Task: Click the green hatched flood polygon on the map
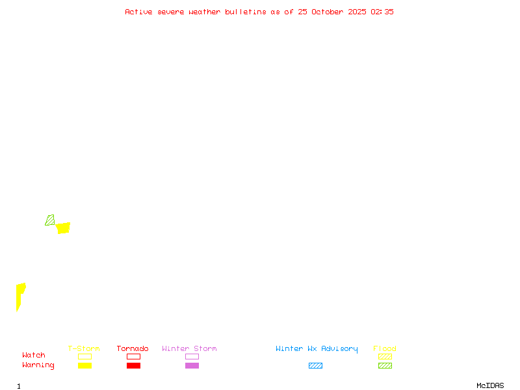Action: click(x=50, y=220)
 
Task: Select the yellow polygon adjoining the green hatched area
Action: click(x=63, y=227)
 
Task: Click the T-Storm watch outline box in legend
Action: click(x=84, y=356)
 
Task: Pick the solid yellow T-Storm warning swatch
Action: click(x=84, y=365)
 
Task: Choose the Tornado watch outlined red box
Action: click(x=133, y=356)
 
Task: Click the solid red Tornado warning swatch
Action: click(x=133, y=365)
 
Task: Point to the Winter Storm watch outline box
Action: click(x=192, y=356)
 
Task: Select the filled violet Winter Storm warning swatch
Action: click(x=192, y=365)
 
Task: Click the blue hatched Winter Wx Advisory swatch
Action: click(x=315, y=365)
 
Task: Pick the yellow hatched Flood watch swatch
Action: click(x=385, y=356)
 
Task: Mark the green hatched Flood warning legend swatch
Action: click(x=385, y=365)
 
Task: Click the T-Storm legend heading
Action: click(x=84, y=348)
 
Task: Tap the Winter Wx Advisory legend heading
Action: click(x=317, y=348)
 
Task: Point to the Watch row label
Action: click(x=34, y=356)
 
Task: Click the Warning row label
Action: click(x=38, y=365)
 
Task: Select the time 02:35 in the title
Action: click(x=382, y=12)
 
